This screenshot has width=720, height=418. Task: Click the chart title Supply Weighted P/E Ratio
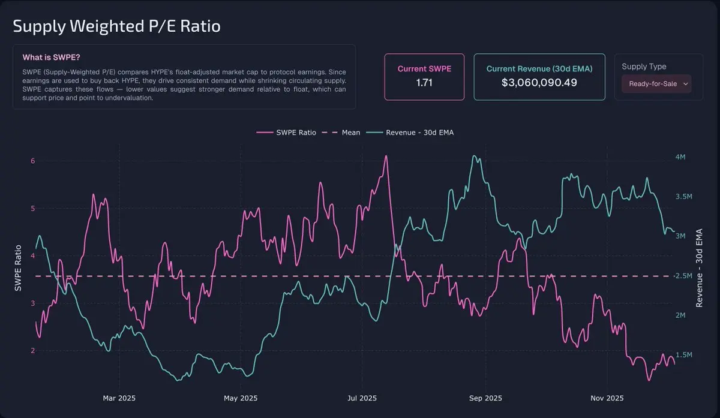click(116, 26)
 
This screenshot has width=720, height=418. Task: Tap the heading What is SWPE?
click(52, 58)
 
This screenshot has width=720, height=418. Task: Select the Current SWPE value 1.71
click(424, 82)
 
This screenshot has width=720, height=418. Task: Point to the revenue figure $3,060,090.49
click(539, 82)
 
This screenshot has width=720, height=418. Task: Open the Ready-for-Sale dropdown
click(656, 84)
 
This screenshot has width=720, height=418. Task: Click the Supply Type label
click(644, 67)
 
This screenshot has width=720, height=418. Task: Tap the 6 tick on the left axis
click(33, 161)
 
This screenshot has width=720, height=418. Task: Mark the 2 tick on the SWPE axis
click(33, 350)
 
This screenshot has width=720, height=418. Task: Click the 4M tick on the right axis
click(680, 157)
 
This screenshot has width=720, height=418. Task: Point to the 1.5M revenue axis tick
click(684, 355)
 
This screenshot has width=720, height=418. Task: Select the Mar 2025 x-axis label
click(119, 398)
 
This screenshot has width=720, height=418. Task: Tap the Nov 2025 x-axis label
click(607, 398)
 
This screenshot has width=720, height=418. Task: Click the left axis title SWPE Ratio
click(18, 268)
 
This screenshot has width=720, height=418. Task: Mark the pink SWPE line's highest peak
click(386, 156)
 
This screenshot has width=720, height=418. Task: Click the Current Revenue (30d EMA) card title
click(539, 69)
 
